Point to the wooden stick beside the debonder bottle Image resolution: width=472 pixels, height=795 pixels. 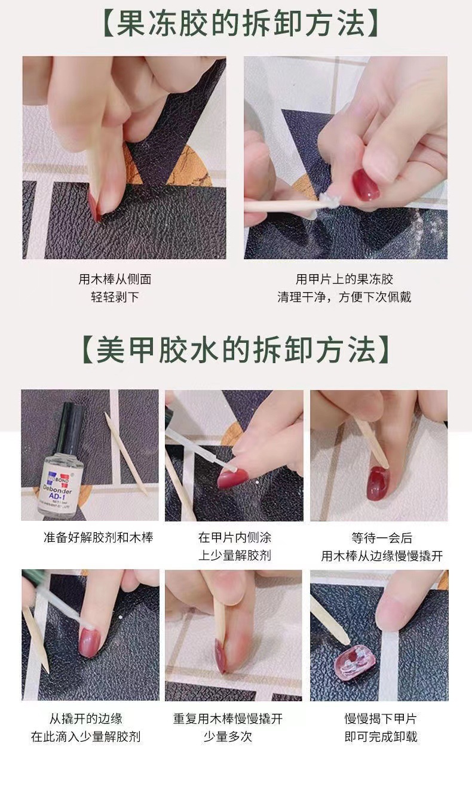tap(125, 453)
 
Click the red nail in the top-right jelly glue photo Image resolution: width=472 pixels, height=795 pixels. tap(365, 185)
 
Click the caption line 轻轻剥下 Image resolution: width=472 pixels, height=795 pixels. tap(115, 297)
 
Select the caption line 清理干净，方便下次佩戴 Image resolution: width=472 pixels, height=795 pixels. tap(344, 297)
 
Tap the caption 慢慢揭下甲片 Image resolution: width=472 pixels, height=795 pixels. tap(380, 719)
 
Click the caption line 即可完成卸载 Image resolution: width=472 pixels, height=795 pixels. tap(380, 736)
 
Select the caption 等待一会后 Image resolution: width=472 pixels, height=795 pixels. tap(382, 538)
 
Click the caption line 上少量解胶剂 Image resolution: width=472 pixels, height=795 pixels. tap(234, 555)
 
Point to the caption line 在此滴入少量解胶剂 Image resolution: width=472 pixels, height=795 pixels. tap(85, 736)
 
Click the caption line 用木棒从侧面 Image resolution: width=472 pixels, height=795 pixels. tap(115, 279)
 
